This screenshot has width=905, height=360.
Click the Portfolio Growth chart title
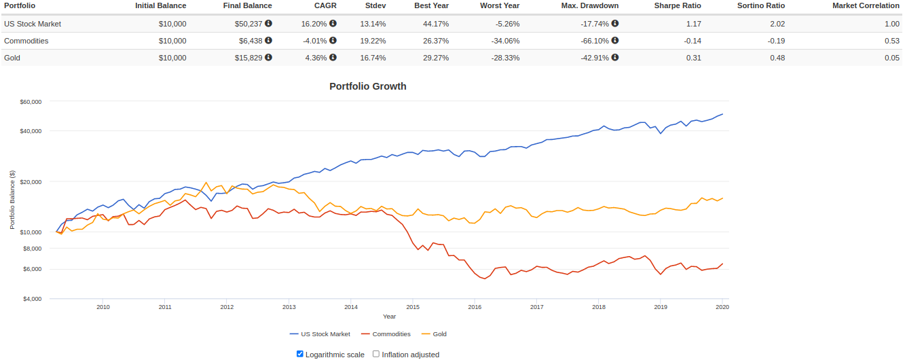[x=367, y=86]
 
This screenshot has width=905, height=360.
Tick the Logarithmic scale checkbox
[x=300, y=354]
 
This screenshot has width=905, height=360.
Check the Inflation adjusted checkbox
[x=376, y=354]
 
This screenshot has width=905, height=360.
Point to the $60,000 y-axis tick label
[x=31, y=102]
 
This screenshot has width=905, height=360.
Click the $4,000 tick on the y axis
[x=32, y=299]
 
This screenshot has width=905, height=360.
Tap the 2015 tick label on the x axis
[x=413, y=307]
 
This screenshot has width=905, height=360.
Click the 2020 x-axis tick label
[x=722, y=307]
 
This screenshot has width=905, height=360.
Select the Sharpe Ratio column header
[x=678, y=5]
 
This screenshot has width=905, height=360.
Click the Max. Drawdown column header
[x=589, y=5]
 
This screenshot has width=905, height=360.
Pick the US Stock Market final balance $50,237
[x=247, y=24]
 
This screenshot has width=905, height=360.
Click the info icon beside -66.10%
[x=615, y=40]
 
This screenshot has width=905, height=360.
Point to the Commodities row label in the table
[x=26, y=41]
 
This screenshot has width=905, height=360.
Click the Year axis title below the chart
[x=389, y=317]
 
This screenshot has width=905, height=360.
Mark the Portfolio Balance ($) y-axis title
[x=12, y=200]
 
